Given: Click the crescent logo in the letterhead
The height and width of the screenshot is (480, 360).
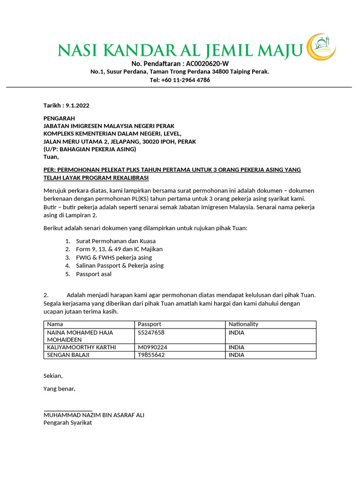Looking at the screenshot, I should tap(321, 47).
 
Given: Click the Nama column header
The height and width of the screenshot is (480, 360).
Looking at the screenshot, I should tap(55, 324).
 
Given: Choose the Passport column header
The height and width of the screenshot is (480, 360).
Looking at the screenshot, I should tap(150, 324).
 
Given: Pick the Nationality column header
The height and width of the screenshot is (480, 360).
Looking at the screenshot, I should tap(243, 324).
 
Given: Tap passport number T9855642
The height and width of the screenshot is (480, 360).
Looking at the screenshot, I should tap(151, 355).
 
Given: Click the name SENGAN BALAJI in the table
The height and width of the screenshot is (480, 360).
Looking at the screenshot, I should tap(68, 355).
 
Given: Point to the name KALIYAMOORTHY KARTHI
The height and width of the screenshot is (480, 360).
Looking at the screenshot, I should tap(81, 347).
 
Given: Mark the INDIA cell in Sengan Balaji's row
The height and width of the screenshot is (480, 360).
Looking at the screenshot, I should tap(236, 355).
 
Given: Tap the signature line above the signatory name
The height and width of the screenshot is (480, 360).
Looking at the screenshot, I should tap(67, 411).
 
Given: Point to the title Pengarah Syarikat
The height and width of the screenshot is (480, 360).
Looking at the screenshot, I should tap(67, 422).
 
